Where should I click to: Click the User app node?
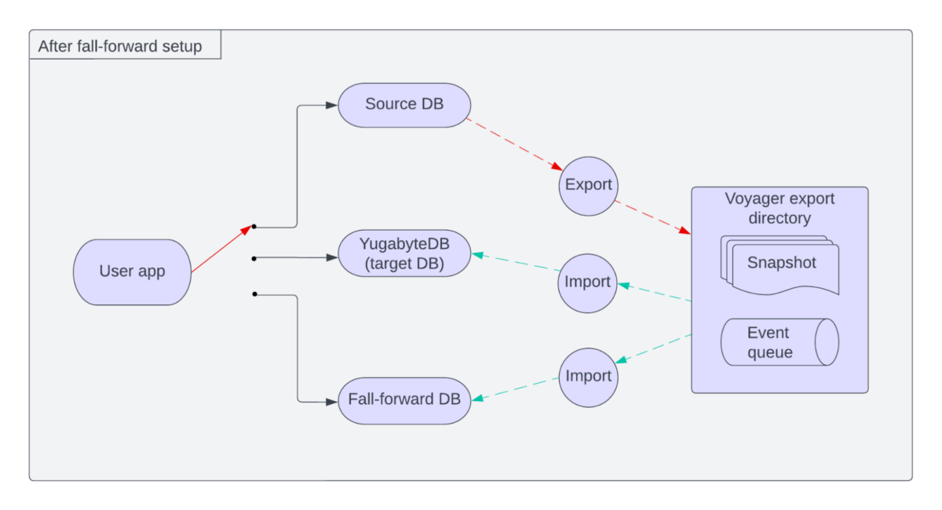pyautogui.click(x=132, y=272)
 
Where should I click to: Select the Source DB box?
pyautogui.click(x=404, y=104)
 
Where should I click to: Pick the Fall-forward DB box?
pyautogui.click(x=404, y=399)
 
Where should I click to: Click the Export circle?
pyautogui.click(x=588, y=186)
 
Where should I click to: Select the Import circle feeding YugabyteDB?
pyautogui.click(x=588, y=282)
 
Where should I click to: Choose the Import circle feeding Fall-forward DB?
pyautogui.click(x=588, y=377)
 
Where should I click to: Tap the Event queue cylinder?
pyautogui.click(x=779, y=342)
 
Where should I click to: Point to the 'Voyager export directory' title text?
pyautogui.click(x=780, y=208)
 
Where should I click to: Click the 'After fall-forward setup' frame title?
pyautogui.click(x=120, y=46)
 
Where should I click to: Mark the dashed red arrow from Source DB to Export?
pyautogui.click(x=513, y=144)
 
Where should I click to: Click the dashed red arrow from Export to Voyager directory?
pyautogui.click(x=652, y=217)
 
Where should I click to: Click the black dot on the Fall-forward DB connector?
pyautogui.click(x=255, y=294)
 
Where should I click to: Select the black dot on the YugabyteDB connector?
pyautogui.click(x=254, y=257)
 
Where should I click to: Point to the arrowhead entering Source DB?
pyautogui.click(x=331, y=104)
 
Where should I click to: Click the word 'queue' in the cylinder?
pyautogui.click(x=769, y=353)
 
